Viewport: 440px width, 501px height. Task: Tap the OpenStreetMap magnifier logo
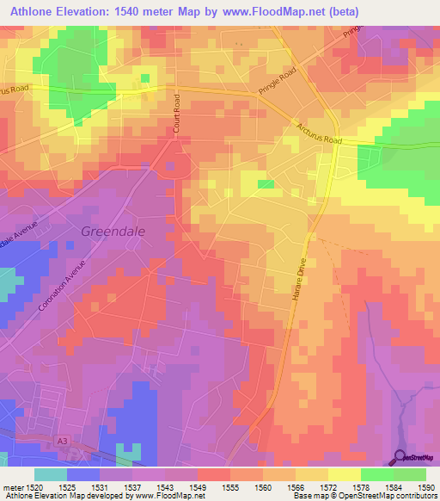(400, 457)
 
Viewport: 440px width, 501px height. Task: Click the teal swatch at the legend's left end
(50, 474)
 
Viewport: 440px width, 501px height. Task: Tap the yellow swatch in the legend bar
(343, 474)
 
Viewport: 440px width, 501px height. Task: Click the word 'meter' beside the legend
(13, 488)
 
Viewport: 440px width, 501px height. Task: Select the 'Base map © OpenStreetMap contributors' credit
(364, 497)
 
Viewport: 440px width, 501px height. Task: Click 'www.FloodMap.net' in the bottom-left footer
(168, 497)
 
